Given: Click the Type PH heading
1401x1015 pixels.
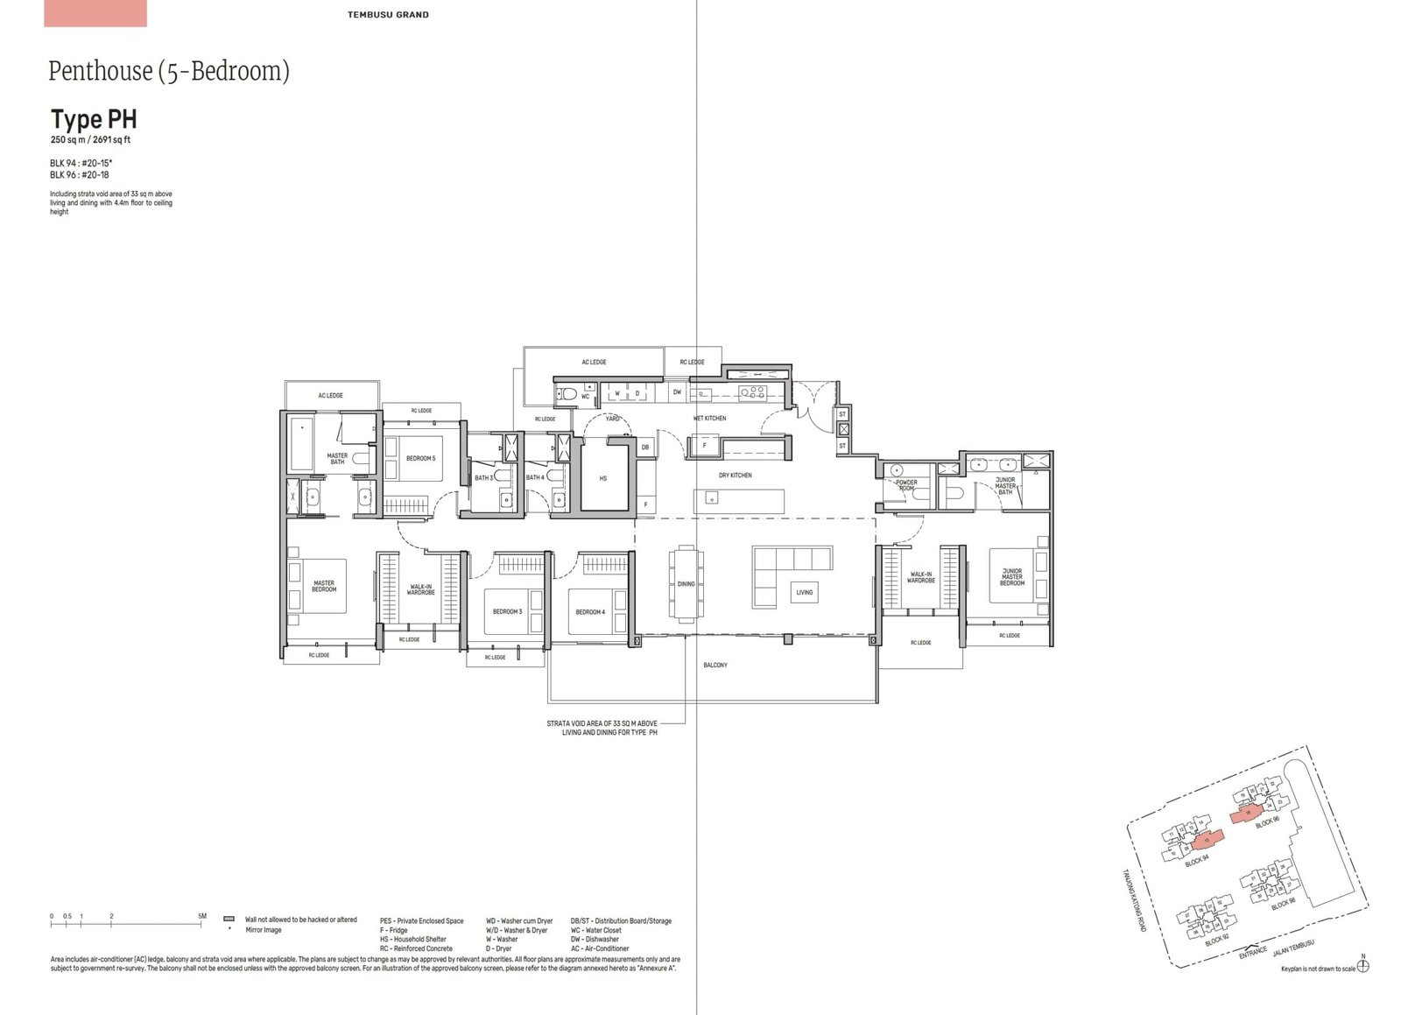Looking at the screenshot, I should pyautogui.click(x=94, y=120).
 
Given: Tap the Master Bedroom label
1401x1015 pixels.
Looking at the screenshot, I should pyautogui.click(x=324, y=586).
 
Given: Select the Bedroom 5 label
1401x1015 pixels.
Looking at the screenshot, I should pyautogui.click(x=420, y=458).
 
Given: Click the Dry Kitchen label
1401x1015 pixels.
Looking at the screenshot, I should pyautogui.click(x=735, y=476).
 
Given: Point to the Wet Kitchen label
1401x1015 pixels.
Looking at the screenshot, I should pyautogui.click(x=709, y=419).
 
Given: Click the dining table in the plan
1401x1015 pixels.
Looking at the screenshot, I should pyautogui.click(x=685, y=582).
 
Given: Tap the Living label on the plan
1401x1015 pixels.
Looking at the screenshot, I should pyautogui.click(x=804, y=593).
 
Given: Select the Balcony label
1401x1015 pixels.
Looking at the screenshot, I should pyautogui.click(x=715, y=666).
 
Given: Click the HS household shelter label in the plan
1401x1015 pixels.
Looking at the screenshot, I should pyautogui.click(x=602, y=479).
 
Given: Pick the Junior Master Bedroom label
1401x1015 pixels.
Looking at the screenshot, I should pyautogui.click(x=1011, y=576).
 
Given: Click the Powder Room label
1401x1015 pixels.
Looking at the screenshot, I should pyautogui.click(x=905, y=485).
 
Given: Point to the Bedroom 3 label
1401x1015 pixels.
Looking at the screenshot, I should pyautogui.click(x=507, y=611).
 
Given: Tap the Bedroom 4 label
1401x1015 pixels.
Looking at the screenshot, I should pyautogui.click(x=589, y=611).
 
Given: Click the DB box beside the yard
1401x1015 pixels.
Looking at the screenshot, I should pyautogui.click(x=645, y=448).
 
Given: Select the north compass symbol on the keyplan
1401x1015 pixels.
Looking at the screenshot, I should pyautogui.click(x=1362, y=967).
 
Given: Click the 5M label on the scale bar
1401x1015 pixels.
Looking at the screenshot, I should pyautogui.click(x=202, y=916).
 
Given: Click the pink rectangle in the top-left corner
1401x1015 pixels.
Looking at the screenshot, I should pyautogui.click(x=95, y=13).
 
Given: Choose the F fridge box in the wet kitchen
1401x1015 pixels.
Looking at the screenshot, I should pyautogui.click(x=704, y=446).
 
